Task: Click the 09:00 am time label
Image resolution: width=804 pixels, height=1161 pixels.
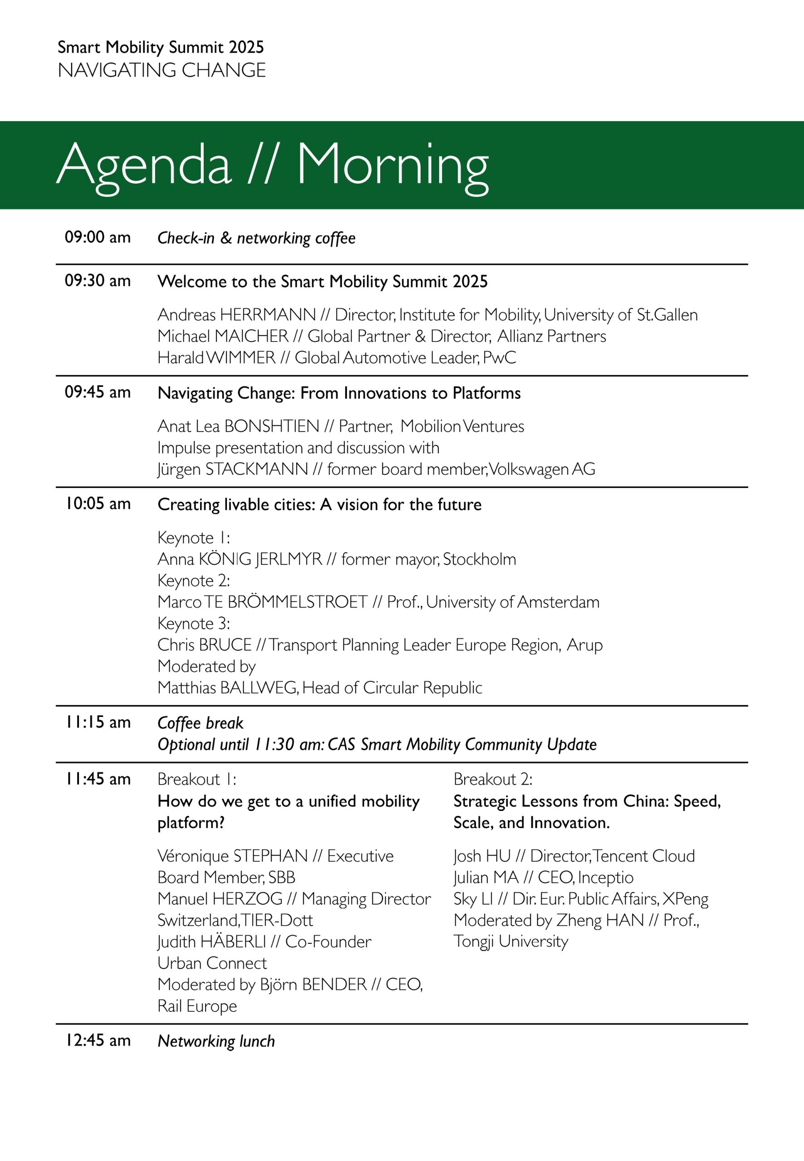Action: (x=97, y=237)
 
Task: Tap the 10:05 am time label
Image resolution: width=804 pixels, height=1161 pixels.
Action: (x=97, y=503)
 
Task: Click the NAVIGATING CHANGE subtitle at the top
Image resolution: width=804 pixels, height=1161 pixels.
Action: (x=162, y=70)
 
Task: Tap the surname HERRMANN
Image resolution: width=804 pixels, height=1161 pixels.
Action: (x=268, y=315)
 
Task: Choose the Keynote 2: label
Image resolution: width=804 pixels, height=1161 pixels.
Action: (x=193, y=580)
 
